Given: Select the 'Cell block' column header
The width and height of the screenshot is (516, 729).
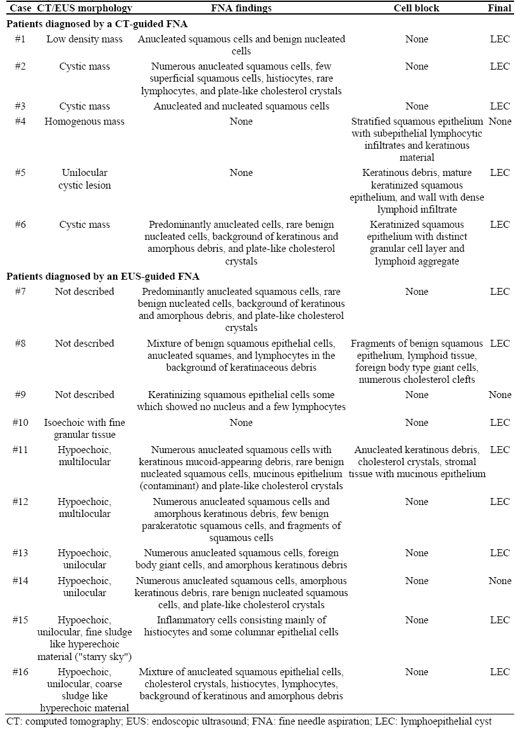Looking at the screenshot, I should tap(417, 8).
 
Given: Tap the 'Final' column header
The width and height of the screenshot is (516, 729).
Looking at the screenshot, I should tap(500, 8).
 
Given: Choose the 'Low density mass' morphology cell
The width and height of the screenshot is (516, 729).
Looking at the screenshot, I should tap(85, 39).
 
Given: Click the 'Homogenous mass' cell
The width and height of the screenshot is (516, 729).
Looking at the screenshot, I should tap(85, 121).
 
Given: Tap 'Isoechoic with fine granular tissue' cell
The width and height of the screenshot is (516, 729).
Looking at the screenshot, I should tap(85, 428).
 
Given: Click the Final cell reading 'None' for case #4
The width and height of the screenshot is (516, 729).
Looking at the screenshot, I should tap(500, 121).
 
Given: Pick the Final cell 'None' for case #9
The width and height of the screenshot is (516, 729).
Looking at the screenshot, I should tap(500, 395).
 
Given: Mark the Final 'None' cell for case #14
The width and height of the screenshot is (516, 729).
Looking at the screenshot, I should tap(500, 581).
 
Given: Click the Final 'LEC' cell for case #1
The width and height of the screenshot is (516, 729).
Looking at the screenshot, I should tap(500, 39).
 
